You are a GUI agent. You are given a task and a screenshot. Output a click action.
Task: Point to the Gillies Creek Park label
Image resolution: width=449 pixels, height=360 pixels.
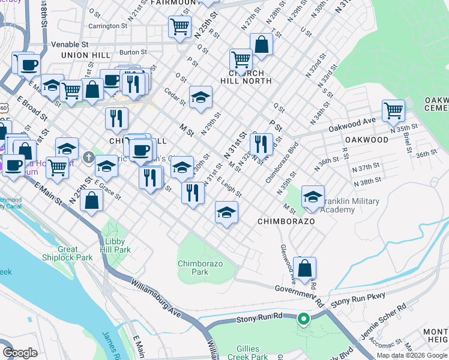[249, 353]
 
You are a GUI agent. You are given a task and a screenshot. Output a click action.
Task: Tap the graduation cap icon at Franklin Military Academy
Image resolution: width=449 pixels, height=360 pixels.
[313, 197]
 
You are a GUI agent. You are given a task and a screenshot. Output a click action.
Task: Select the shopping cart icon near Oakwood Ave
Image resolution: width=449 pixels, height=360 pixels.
[393, 110]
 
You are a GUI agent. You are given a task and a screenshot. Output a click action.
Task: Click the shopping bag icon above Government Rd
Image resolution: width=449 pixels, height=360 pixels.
[305, 268]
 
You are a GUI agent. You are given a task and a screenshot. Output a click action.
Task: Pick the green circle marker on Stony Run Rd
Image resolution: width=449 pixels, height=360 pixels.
[304, 319]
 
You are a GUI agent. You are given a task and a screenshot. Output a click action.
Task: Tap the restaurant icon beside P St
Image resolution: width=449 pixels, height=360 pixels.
[260, 143]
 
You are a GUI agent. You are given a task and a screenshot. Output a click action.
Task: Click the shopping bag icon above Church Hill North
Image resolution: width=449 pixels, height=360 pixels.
[261, 44]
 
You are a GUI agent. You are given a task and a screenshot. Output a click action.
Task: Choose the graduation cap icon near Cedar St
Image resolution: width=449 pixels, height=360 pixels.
[201, 97]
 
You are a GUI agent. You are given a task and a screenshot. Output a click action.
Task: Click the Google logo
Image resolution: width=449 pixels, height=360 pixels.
[20, 353]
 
